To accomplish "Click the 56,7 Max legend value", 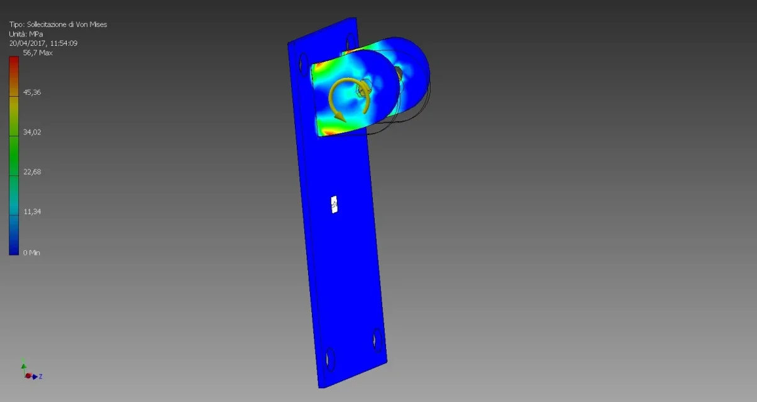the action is tap(38, 53).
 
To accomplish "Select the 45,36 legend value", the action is tap(32, 92).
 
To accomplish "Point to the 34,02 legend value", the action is tap(32, 132).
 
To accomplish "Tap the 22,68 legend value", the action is tap(32, 172).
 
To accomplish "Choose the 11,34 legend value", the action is tap(32, 212).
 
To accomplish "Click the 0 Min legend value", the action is tap(31, 253).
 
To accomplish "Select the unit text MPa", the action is tap(36, 34).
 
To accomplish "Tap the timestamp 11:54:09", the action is tap(64, 43).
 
